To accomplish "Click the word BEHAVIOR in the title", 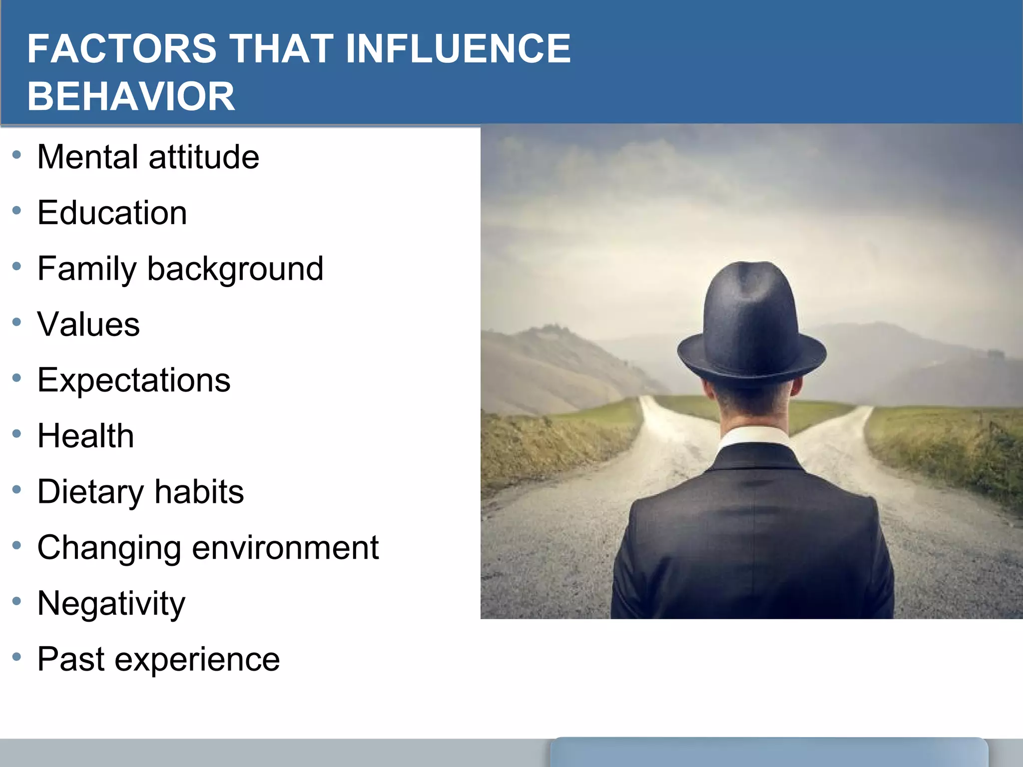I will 131,96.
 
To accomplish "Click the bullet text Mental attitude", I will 148,157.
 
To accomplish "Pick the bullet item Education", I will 112,213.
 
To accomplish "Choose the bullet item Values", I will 88,325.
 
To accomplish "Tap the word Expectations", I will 134,381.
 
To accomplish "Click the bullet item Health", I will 85,436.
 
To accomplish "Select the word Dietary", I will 90,492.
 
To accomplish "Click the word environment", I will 285,548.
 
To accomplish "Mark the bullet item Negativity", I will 111,604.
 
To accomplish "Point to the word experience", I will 197,660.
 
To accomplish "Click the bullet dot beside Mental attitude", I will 17,155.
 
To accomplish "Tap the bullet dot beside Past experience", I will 17,657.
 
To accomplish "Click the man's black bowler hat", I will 751,325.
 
